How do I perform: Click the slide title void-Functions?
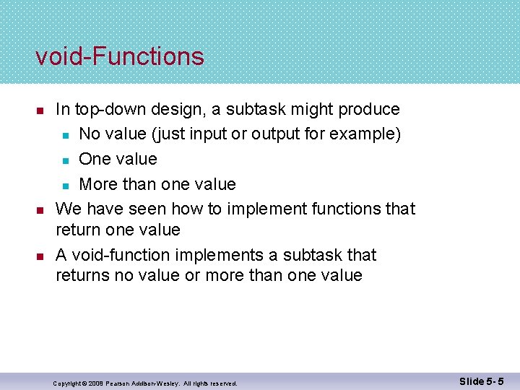pyautogui.click(x=120, y=56)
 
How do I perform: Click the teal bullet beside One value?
pyautogui.click(x=65, y=160)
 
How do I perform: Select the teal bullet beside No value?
pyautogui.click(x=65, y=135)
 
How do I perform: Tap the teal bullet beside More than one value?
pyautogui.click(x=65, y=185)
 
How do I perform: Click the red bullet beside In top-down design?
pyautogui.click(x=40, y=110)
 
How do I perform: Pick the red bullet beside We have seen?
pyautogui.click(x=40, y=209)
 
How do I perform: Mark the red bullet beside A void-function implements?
pyautogui.click(x=40, y=256)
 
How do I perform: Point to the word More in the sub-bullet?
pyautogui.click(x=99, y=184)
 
